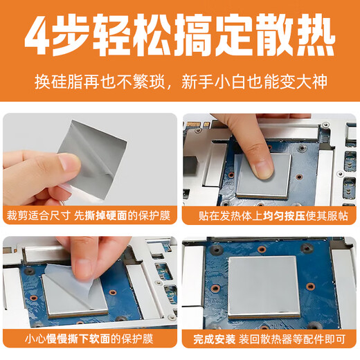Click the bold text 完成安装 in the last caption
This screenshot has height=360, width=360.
tap(214, 340)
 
